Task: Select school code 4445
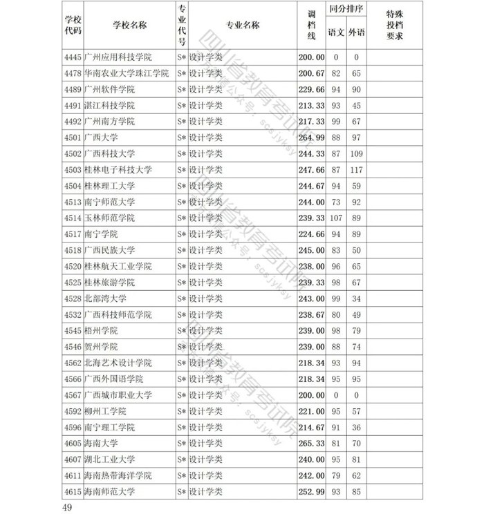pyautogui.click(x=72, y=57)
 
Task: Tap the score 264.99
pyautogui.click(x=310, y=137)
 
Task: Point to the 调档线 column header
pyautogui.click(x=310, y=25)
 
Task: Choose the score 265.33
pyautogui.click(x=310, y=444)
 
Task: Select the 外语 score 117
pyautogui.click(x=357, y=170)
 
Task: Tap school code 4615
pyautogui.click(x=72, y=492)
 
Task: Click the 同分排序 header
pyautogui.click(x=346, y=11)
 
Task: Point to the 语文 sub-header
pyautogui.click(x=336, y=32)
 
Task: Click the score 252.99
pyautogui.click(x=310, y=492)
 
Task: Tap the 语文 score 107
pyautogui.click(x=336, y=218)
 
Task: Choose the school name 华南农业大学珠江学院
pyautogui.click(x=126, y=73)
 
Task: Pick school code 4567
pyautogui.click(x=72, y=395)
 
